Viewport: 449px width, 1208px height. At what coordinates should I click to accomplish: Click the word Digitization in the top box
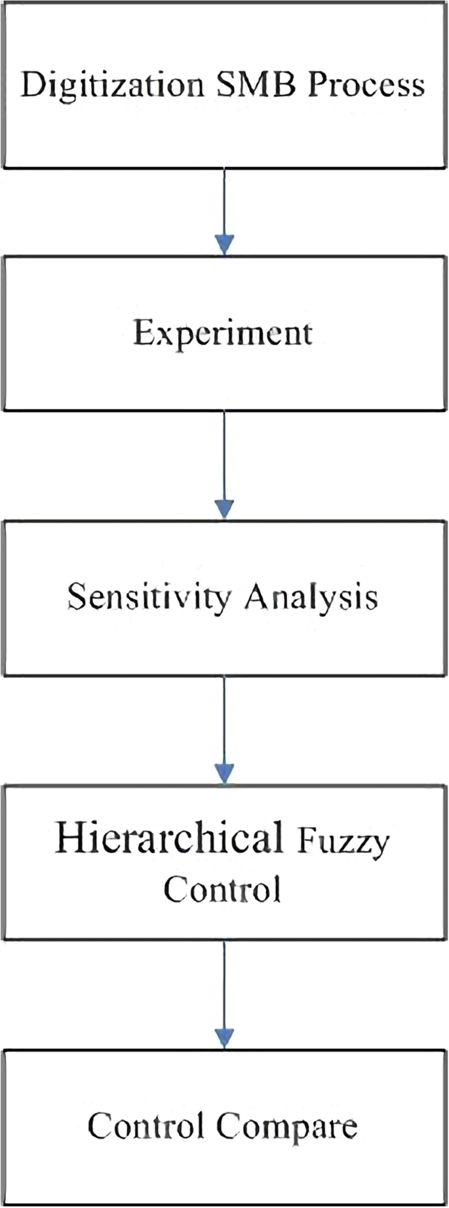112,86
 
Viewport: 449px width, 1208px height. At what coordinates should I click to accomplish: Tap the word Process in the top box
367,85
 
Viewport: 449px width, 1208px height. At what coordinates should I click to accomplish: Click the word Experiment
223,333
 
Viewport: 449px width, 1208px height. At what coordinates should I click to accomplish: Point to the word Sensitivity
149,598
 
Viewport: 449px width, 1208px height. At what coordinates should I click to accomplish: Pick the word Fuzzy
343,841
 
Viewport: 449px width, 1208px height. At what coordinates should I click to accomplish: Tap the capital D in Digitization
31,85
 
